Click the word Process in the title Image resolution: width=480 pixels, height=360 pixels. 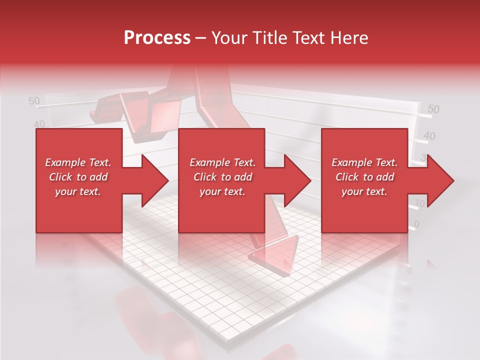click(x=157, y=38)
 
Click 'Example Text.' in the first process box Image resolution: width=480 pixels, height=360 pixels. click(x=78, y=162)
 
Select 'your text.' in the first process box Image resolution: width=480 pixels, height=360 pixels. click(x=78, y=191)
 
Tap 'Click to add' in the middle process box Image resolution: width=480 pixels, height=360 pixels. click(x=222, y=177)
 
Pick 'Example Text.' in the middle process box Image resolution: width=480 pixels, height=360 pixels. click(x=222, y=162)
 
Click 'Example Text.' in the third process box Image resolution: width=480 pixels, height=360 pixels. click(x=364, y=162)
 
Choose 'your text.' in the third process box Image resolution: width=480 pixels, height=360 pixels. click(x=364, y=191)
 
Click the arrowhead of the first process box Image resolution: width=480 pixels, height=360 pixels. click(x=153, y=180)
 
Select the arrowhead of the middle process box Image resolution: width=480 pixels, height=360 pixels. click(x=296, y=180)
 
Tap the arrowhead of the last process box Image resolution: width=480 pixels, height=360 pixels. click(x=439, y=180)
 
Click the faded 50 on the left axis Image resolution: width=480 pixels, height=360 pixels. click(x=34, y=101)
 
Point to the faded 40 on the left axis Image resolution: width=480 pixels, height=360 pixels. click(x=39, y=123)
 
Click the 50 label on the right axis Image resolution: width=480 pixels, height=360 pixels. click(x=433, y=109)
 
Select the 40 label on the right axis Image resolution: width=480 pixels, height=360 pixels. click(x=429, y=135)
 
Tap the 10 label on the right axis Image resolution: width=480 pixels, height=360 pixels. click(x=420, y=203)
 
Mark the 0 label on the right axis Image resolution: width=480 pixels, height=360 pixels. click(x=417, y=223)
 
